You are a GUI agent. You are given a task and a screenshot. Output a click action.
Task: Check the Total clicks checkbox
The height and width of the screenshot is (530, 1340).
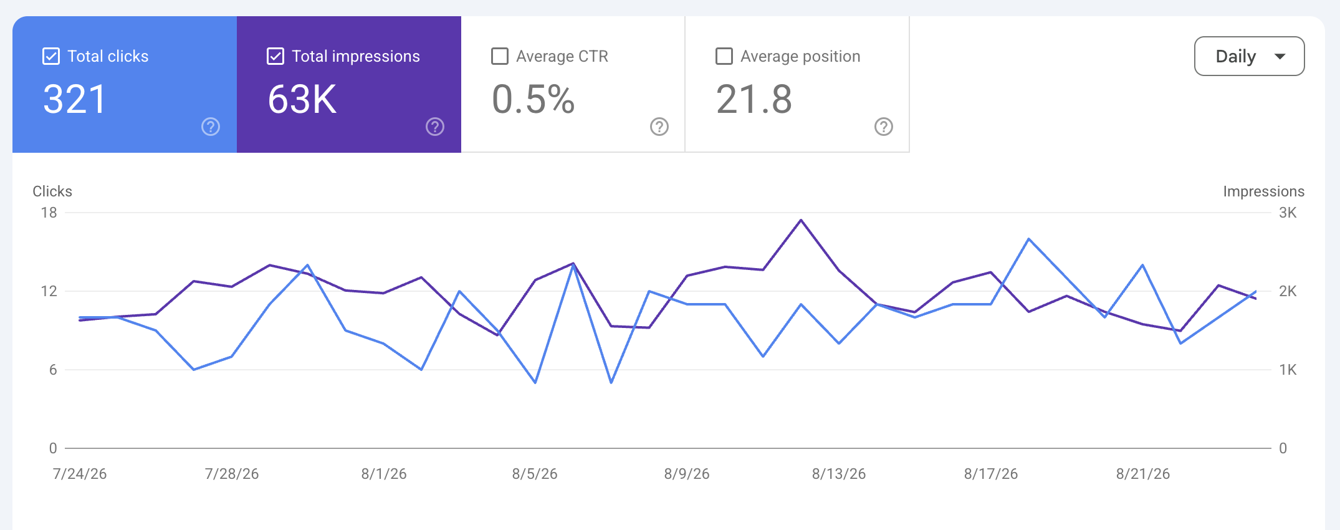tap(51, 56)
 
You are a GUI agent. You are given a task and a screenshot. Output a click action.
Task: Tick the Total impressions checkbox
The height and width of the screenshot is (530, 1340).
tap(275, 56)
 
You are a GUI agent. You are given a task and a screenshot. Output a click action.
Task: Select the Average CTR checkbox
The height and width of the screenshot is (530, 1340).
tap(500, 56)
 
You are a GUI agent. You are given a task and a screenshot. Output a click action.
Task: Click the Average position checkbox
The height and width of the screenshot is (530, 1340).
tap(724, 56)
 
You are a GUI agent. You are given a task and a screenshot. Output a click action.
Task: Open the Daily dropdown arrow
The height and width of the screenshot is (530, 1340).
tap(1280, 57)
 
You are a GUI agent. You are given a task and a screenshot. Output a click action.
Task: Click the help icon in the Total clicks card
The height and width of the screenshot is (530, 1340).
tap(211, 127)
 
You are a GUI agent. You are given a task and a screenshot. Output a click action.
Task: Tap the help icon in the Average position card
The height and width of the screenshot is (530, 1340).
tap(884, 127)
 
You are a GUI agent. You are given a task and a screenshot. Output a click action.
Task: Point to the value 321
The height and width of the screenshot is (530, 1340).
tap(75, 99)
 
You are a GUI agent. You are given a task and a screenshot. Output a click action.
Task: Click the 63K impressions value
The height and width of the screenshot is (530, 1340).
tap(302, 99)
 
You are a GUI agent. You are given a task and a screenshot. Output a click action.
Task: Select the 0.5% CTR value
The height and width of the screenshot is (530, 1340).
tap(534, 99)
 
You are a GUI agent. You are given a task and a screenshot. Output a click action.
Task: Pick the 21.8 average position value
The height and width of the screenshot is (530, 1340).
tap(754, 99)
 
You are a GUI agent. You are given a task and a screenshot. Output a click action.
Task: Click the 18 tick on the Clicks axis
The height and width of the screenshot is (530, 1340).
tap(49, 213)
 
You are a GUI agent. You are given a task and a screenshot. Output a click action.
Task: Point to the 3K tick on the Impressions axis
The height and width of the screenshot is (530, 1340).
tap(1288, 213)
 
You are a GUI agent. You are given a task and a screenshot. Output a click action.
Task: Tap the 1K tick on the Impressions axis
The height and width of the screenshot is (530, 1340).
tap(1288, 370)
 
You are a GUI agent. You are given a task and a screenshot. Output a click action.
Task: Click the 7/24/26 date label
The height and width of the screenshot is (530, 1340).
tap(80, 474)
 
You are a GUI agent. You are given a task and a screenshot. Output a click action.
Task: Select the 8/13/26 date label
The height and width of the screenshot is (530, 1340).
tap(839, 474)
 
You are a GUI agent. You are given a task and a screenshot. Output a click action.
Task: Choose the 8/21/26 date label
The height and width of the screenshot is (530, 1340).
tap(1143, 474)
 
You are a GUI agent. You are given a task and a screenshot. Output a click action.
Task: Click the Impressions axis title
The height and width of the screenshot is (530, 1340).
tap(1263, 191)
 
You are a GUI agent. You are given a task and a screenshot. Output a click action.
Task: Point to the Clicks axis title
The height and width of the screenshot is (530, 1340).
tap(52, 191)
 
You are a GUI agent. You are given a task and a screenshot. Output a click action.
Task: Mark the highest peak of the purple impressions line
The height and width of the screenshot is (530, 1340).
tap(802, 220)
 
